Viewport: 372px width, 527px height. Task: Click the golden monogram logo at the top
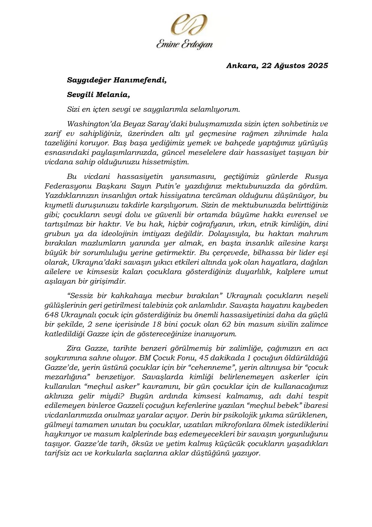186,25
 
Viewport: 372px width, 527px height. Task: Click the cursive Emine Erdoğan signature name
184,45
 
